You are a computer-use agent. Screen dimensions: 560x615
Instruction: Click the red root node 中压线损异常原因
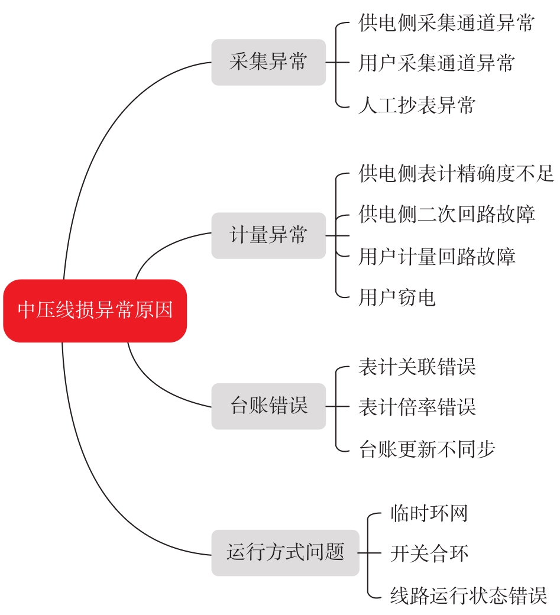point(95,310)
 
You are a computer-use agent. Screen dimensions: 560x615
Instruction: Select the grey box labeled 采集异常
point(268,62)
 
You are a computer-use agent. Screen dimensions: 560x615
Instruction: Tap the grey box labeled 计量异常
point(268,235)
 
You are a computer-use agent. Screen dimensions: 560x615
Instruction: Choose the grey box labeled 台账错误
point(268,406)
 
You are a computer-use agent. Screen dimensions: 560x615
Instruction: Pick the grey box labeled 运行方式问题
point(286,553)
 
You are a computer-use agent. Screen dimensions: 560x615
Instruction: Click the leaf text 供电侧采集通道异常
point(446,22)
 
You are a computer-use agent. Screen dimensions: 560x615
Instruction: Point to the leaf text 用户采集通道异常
point(436,63)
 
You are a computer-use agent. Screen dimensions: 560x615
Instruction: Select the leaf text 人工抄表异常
point(417,105)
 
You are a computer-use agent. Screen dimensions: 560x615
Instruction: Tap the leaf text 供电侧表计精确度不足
point(456,173)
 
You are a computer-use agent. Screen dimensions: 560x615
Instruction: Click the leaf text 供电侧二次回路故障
point(446,214)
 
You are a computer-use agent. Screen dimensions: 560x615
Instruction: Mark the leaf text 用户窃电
point(397,297)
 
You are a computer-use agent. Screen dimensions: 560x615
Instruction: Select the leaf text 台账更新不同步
point(427,449)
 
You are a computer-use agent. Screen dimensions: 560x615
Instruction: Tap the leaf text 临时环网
point(429,513)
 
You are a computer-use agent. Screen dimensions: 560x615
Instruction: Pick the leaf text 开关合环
point(429,553)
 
